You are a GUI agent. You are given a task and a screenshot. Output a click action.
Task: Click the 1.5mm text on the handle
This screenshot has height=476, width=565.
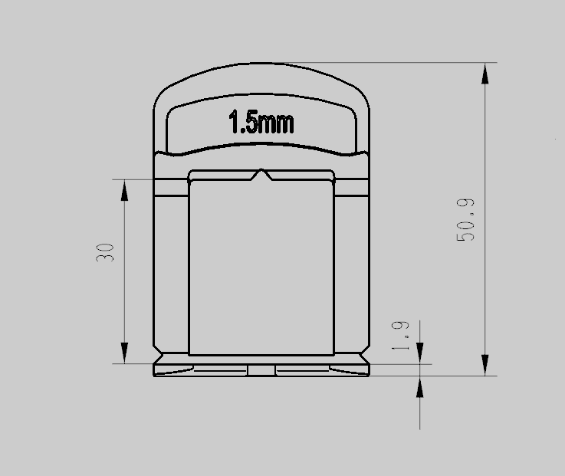[x=261, y=122]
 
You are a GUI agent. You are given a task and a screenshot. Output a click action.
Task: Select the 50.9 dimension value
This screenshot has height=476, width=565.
[x=465, y=220]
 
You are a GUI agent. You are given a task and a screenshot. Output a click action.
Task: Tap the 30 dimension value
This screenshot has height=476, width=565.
[x=105, y=252]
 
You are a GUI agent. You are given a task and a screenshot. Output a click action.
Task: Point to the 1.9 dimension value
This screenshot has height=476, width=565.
[x=400, y=336]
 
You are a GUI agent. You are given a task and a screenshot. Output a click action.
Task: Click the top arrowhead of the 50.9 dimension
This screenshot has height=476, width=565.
[x=485, y=74]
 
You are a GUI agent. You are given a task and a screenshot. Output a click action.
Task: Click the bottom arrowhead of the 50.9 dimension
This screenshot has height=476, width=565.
[x=485, y=365]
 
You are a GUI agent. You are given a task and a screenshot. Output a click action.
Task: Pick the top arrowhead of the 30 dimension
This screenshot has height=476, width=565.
[x=125, y=190]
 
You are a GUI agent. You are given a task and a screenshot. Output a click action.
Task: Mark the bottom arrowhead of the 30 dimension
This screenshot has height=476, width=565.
[x=125, y=353]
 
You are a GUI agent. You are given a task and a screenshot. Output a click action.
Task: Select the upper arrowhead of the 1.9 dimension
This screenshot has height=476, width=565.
[x=420, y=353]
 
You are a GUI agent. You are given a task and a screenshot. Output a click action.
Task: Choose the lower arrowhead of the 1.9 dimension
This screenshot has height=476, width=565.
[x=420, y=386]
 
